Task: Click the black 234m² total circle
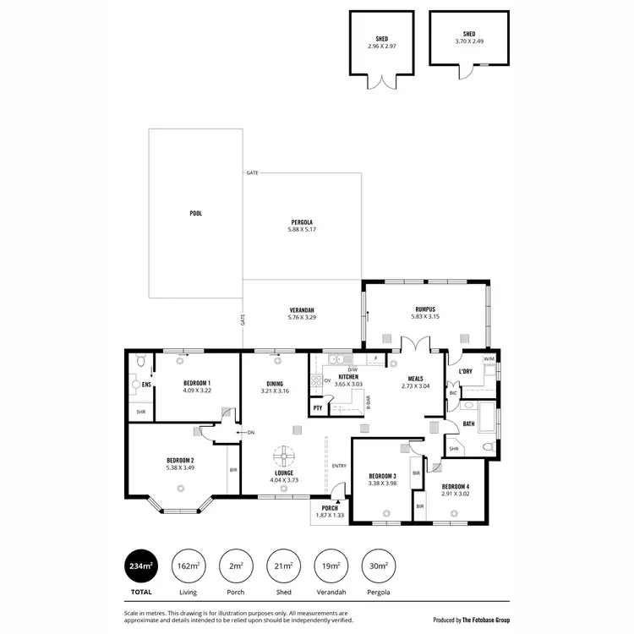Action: [141, 566]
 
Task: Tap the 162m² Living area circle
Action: [188, 566]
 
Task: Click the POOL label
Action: [196, 214]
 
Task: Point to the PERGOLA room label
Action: [302, 222]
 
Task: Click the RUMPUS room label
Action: [424, 309]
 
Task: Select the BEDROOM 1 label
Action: [197, 384]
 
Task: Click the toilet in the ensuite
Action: [141, 361]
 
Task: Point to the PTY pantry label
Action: [318, 408]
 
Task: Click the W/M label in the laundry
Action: [489, 359]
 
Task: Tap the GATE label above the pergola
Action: [252, 172]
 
